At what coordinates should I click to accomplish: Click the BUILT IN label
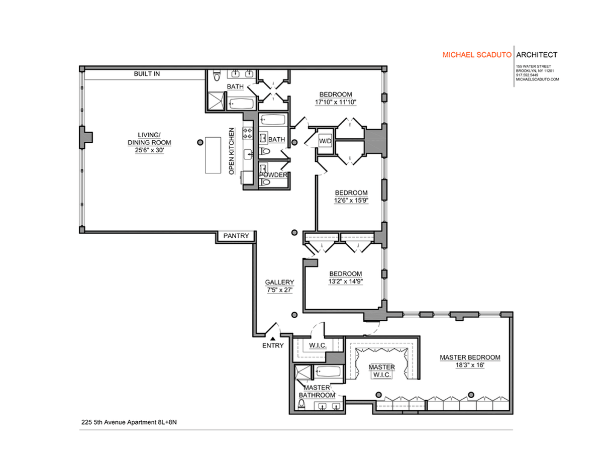coord(147,74)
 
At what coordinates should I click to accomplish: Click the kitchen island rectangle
coord(213,154)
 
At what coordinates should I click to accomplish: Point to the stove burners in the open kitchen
coord(247,133)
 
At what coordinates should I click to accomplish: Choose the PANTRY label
coord(236,236)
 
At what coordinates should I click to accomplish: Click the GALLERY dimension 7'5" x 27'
coord(279,290)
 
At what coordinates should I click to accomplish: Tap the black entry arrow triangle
coord(272,339)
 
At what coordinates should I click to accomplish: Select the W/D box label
coord(325,142)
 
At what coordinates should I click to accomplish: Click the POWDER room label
coord(273,175)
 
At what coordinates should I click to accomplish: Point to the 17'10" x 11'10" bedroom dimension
coord(336,102)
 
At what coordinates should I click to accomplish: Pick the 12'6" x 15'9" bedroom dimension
coord(351,200)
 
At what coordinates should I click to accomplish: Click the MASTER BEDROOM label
coord(470,357)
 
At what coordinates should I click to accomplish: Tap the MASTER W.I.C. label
coord(381,371)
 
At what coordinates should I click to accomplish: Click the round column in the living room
coord(200,142)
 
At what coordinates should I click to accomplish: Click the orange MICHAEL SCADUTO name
coord(476,55)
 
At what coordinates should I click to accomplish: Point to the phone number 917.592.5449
coord(526,75)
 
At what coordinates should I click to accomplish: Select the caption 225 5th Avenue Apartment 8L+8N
coord(129,422)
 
